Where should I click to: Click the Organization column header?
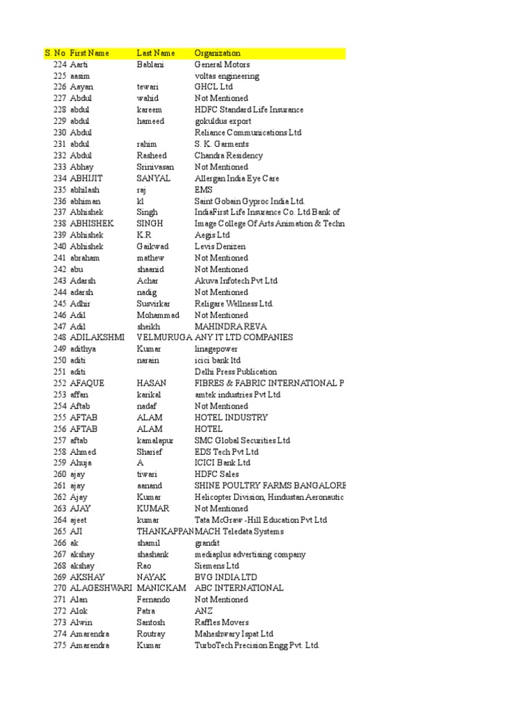pyautogui.click(x=218, y=53)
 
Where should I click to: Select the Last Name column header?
pyautogui.click(x=156, y=53)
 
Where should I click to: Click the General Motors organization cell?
pyautogui.click(x=222, y=64)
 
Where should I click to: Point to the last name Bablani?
pyautogui.click(x=151, y=64)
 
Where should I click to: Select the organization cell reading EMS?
pyautogui.click(x=204, y=190)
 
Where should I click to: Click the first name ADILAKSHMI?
pyautogui.click(x=98, y=338)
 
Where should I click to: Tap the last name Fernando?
pyautogui.click(x=153, y=600)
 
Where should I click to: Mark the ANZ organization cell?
pyautogui.click(x=204, y=611)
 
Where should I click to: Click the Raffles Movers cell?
pyautogui.click(x=222, y=622)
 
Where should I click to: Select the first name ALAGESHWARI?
pyautogui.click(x=100, y=589)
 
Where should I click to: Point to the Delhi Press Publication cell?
pyautogui.click(x=236, y=372)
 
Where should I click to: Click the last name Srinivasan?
pyautogui.click(x=155, y=167)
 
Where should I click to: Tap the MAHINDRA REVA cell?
pyautogui.click(x=231, y=326)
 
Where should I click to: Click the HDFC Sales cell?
pyautogui.click(x=217, y=474)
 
